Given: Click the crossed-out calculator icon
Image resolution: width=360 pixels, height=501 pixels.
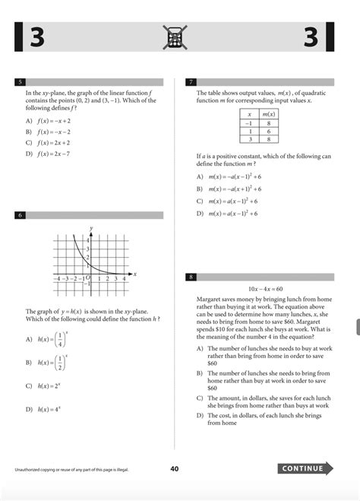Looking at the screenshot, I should click(175, 37).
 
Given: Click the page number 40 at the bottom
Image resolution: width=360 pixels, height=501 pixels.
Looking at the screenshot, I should click(175, 469).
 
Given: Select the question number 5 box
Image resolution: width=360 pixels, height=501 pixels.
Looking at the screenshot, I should click(21, 81).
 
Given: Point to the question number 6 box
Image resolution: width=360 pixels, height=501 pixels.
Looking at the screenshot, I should click(21, 215).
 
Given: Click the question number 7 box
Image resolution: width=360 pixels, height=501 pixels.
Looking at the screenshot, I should click(191, 81).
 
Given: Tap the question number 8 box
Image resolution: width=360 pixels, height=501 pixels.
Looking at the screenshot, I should click(191, 277).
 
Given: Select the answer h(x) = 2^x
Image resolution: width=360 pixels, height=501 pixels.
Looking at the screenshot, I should click(47, 386).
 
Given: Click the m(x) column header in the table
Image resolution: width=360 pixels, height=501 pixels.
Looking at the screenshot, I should click(266, 113).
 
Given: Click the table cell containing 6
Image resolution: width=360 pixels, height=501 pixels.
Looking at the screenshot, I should click(266, 130).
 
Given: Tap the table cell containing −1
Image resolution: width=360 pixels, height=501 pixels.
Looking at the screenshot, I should click(248, 122).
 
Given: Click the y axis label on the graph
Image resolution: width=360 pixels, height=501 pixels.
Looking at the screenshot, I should click(91, 228).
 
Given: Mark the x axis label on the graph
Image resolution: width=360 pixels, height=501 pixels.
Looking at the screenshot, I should click(134, 273).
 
